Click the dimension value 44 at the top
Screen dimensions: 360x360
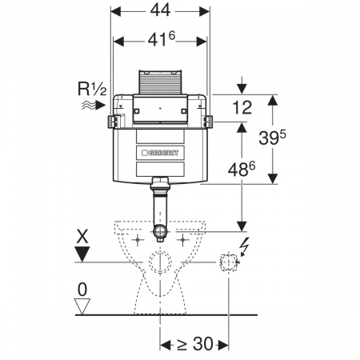(160, 10)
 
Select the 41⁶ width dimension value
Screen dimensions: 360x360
(162, 40)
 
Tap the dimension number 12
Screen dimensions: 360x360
(242, 108)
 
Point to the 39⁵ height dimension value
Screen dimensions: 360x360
(272, 138)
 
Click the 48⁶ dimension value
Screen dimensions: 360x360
(242, 169)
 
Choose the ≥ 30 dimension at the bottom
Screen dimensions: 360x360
(195, 344)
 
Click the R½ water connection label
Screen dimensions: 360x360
(92, 89)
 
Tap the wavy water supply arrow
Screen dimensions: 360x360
(94, 106)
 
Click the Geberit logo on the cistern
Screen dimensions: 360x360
(160, 153)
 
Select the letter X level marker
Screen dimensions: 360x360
(82, 237)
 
